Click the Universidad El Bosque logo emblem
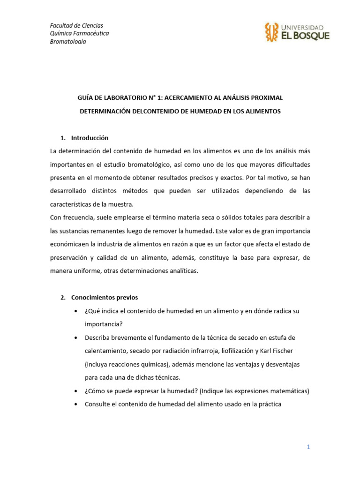pos(271,32)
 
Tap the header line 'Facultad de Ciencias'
pos(76,25)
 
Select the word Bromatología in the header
pos(67,41)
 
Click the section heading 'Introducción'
pos(90,138)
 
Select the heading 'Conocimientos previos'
pos(105,298)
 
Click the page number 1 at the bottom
pos(308,447)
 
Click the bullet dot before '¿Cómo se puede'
pos(76,391)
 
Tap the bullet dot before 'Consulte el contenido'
pos(76,404)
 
